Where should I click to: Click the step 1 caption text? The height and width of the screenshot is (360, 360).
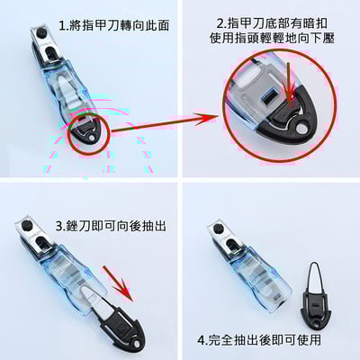(114, 25)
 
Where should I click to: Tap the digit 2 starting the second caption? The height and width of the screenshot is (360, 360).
(220, 23)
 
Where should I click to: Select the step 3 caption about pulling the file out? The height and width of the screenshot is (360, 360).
(111, 226)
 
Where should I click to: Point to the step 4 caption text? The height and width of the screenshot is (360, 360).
(259, 340)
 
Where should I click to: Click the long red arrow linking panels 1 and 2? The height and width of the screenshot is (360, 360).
(164, 123)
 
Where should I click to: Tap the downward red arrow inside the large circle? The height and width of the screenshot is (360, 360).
(290, 85)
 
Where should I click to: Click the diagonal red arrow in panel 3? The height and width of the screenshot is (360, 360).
(118, 283)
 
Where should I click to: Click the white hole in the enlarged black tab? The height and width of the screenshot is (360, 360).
(301, 130)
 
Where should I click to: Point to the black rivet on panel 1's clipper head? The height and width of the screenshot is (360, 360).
(40, 33)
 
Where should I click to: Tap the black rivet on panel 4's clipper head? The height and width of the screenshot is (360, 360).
(220, 229)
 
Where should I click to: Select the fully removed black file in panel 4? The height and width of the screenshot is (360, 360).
(315, 297)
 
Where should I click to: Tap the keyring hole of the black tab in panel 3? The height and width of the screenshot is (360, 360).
(137, 342)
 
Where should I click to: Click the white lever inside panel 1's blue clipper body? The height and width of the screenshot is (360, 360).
(69, 93)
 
